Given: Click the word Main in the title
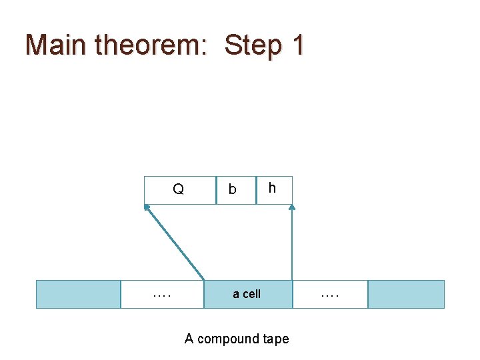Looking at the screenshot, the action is (55, 45).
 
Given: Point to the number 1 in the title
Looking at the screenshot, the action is (297, 45).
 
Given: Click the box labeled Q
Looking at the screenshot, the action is (179, 190).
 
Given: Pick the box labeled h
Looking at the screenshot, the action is (274, 190).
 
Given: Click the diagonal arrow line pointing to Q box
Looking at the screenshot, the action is (175, 242).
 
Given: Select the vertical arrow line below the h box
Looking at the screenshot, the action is (292, 243).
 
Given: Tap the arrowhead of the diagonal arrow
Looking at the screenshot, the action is (147, 207).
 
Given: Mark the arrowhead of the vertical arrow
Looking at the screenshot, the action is (292, 207).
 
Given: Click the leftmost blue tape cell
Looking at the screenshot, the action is (78, 294).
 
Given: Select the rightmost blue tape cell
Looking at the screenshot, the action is (406, 294).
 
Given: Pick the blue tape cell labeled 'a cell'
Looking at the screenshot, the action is (247, 294).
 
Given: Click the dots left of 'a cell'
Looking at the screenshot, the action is (161, 293).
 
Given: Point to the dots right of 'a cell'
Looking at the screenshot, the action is (329, 293).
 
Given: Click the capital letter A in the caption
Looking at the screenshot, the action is (189, 339).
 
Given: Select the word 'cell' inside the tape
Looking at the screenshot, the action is (251, 294).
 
